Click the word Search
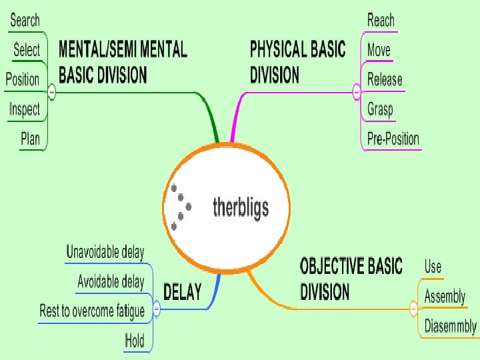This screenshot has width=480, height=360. point(25,20)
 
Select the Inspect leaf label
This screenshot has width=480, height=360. point(25,109)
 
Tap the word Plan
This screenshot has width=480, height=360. point(30,139)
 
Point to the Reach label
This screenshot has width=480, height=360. point(381,20)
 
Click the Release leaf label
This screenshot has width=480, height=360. point(385,80)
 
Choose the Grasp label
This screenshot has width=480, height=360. point(380,109)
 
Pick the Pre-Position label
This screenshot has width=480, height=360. point(393,139)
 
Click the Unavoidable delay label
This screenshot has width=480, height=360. point(105,252)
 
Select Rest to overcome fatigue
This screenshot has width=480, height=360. point(92,311)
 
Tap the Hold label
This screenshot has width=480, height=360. point(135,341)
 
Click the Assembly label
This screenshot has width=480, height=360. point(445,296)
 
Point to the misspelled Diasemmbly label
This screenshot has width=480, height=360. point(451,326)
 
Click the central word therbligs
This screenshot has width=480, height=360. point(241,207)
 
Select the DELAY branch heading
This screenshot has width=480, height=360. point(183,293)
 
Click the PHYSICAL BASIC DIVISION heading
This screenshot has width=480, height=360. point(297,61)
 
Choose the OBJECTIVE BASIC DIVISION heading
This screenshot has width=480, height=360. point(351,279)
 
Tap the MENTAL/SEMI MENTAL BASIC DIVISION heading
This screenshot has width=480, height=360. point(123,61)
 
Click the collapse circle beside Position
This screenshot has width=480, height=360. point(52,93)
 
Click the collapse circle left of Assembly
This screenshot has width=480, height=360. point(413,309)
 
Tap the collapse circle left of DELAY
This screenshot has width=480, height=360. point(156,309)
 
